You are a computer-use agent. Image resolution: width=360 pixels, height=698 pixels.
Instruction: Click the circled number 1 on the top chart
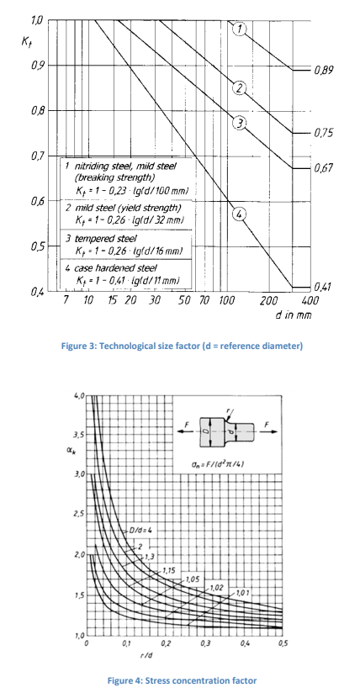[240, 29]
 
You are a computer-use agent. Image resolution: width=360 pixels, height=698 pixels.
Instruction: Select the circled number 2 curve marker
[240, 88]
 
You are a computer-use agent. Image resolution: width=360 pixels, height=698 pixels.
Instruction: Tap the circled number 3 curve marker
[240, 124]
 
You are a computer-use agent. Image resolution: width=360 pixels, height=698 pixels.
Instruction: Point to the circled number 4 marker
[240, 214]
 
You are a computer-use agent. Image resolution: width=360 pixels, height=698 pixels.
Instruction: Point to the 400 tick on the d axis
[310, 299]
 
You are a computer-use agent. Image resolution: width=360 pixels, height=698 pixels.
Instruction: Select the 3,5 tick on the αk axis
[78, 435]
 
